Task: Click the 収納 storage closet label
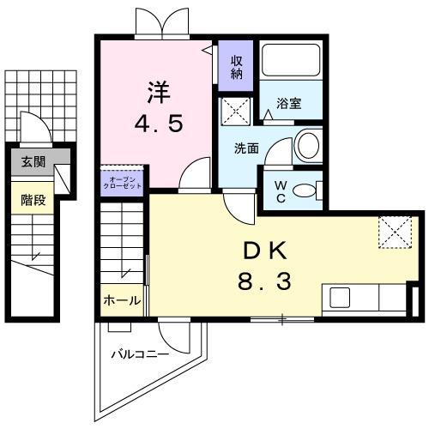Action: click(x=235, y=66)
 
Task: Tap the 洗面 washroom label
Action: click(x=247, y=148)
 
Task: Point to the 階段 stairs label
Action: click(x=33, y=200)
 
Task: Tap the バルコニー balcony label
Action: click(x=138, y=353)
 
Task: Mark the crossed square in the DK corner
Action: click(x=396, y=230)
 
